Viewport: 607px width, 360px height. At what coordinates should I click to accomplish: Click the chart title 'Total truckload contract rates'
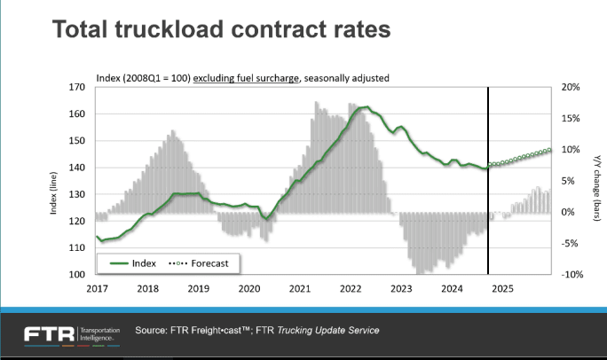[x=221, y=30]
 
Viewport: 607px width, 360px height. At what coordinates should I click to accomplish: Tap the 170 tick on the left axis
[x=77, y=88]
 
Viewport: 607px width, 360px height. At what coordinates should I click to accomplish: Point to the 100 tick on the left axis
[x=77, y=274]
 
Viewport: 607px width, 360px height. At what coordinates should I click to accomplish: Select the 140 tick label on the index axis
[x=77, y=168]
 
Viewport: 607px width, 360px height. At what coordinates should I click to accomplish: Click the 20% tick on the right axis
[x=571, y=88]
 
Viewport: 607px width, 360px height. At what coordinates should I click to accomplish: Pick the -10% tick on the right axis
[x=570, y=274]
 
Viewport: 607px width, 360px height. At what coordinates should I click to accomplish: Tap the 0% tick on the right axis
[x=568, y=212]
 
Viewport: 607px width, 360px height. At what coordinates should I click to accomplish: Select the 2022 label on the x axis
[x=350, y=288]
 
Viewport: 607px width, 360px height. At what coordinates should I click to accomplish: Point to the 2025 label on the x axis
[x=501, y=288]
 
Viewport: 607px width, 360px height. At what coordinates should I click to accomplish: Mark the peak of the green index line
[x=364, y=107]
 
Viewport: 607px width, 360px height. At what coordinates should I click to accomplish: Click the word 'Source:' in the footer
[x=151, y=331]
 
